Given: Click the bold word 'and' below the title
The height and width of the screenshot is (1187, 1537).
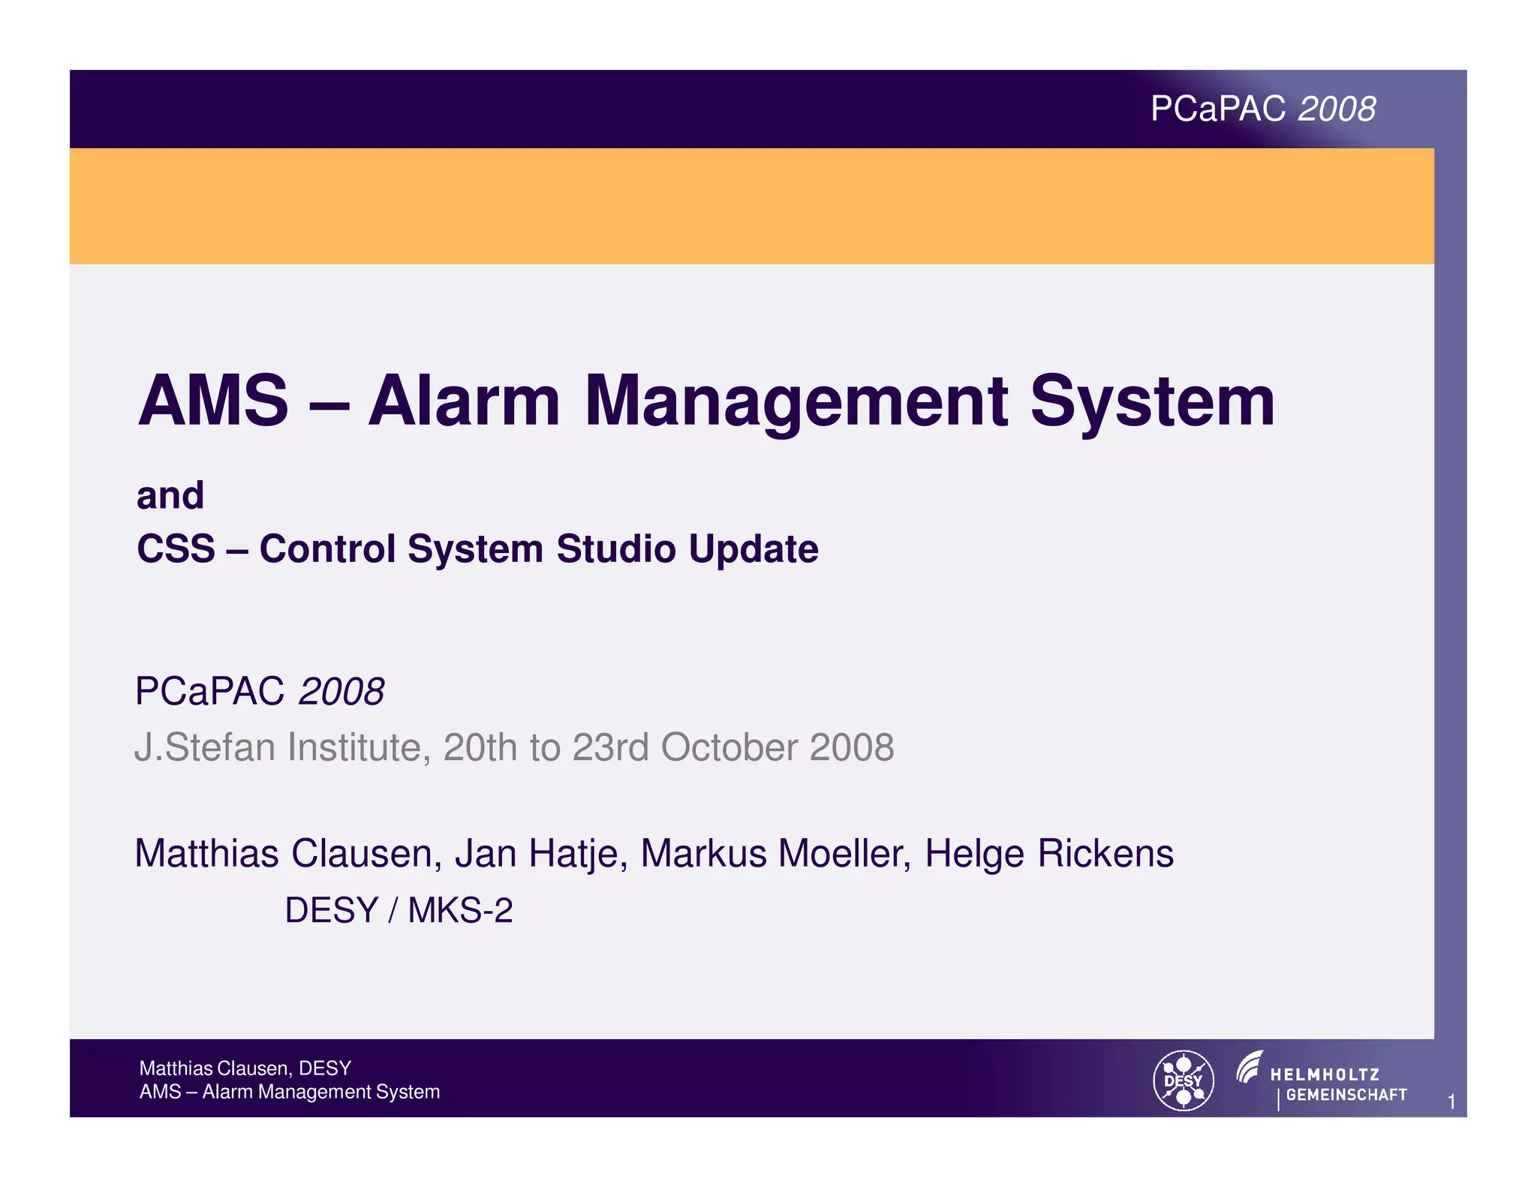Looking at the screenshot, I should click(x=170, y=496).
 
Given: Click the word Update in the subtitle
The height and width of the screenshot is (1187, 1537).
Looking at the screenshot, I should click(x=753, y=548).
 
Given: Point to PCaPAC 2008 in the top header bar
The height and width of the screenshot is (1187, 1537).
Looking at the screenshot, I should click(x=1263, y=110).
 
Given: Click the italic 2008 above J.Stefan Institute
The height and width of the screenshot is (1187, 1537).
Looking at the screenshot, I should click(x=341, y=691).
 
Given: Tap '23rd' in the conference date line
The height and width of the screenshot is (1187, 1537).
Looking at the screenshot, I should click(x=610, y=747).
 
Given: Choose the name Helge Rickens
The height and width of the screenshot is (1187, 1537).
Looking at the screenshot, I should click(x=1049, y=854).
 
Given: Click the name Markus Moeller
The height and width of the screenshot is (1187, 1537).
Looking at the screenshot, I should click(x=776, y=854).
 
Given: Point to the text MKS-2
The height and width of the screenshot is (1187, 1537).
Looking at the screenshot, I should click(x=460, y=910).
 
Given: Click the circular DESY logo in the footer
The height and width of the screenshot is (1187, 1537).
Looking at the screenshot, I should click(x=1184, y=1080).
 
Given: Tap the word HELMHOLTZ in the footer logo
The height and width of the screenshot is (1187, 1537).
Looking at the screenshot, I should click(x=1325, y=1074).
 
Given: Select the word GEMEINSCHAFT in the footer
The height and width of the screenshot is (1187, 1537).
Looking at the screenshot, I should click(x=1346, y=1095).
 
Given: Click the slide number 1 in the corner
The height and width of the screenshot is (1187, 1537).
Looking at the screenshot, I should click(x=1451, y=1101).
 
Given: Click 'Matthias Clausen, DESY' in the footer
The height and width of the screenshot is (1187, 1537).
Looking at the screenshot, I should click(x=245, y=1068).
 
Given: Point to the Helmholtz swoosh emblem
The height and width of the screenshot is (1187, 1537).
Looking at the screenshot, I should click(x=1250, y=1067).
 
